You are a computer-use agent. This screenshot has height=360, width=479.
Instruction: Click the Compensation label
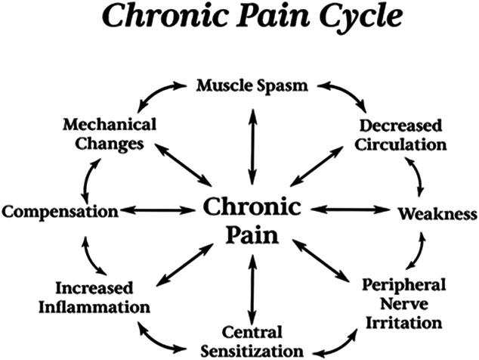click(60, 209)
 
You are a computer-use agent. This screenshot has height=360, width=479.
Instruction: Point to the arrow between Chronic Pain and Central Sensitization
click(252, 290)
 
